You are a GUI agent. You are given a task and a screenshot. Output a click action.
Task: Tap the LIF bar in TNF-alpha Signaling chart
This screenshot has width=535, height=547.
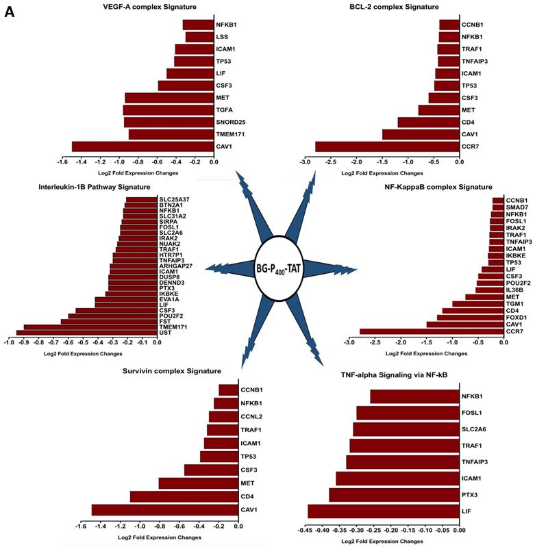coord(384,511)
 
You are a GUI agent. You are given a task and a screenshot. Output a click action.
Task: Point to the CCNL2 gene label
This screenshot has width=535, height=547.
coord(252,416)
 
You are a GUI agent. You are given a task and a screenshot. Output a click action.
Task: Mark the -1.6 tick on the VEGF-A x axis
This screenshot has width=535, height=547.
coord(62,164)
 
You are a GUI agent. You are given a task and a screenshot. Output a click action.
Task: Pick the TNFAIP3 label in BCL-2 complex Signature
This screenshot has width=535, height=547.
coord(475,61)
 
